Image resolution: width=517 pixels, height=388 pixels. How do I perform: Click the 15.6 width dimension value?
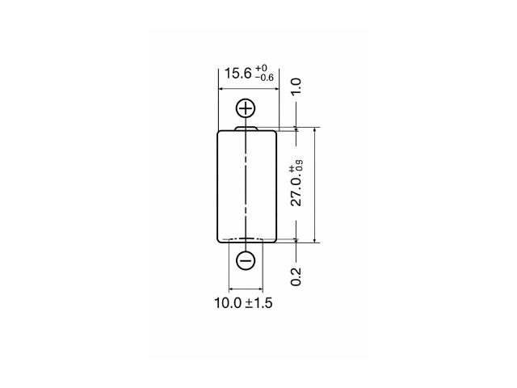click(x=237, y=74)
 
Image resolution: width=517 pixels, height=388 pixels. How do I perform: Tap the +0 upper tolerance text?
click(x=261, y=69)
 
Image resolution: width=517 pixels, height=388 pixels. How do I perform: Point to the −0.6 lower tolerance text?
click(x=264, y=78)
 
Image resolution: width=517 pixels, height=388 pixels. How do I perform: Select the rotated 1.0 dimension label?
click(x=296, y=86)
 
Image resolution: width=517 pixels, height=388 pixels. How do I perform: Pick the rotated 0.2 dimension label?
click(x=296, y=276)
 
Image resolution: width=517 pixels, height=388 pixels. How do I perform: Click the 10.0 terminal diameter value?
click(x=228, y=303)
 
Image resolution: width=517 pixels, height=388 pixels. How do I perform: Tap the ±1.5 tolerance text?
click(x=258, y=303)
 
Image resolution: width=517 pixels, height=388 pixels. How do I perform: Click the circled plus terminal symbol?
click(x=246, y=108)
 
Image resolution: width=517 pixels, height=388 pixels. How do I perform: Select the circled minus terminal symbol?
click(x=246, y=260)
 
